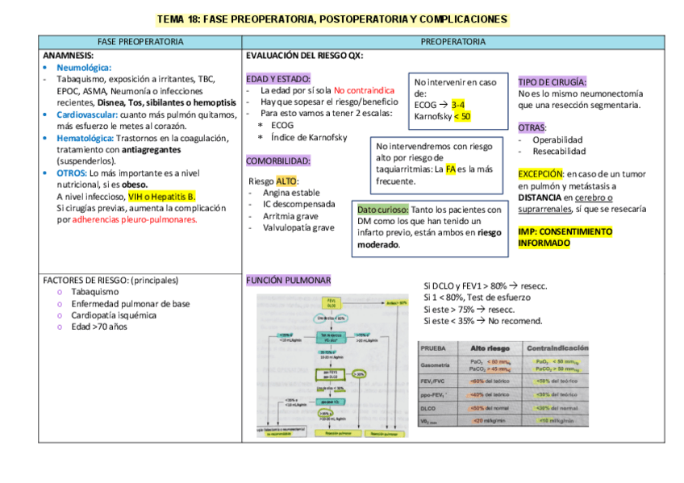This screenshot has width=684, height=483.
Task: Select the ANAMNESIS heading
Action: point(69,56)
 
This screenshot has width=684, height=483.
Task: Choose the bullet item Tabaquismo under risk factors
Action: point(94,292)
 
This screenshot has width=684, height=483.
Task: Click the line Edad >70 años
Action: point(99,327)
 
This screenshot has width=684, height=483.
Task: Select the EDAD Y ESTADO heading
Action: point(278,78)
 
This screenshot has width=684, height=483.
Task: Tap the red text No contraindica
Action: point(364,90)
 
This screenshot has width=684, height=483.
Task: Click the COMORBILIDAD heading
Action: point(278,160)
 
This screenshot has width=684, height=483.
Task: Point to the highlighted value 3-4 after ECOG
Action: point(457,105)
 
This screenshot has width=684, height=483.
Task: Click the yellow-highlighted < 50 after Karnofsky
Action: point(462,116)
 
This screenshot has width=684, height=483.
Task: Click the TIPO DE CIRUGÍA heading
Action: point(553,81)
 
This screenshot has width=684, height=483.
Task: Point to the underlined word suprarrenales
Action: point(545,209)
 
